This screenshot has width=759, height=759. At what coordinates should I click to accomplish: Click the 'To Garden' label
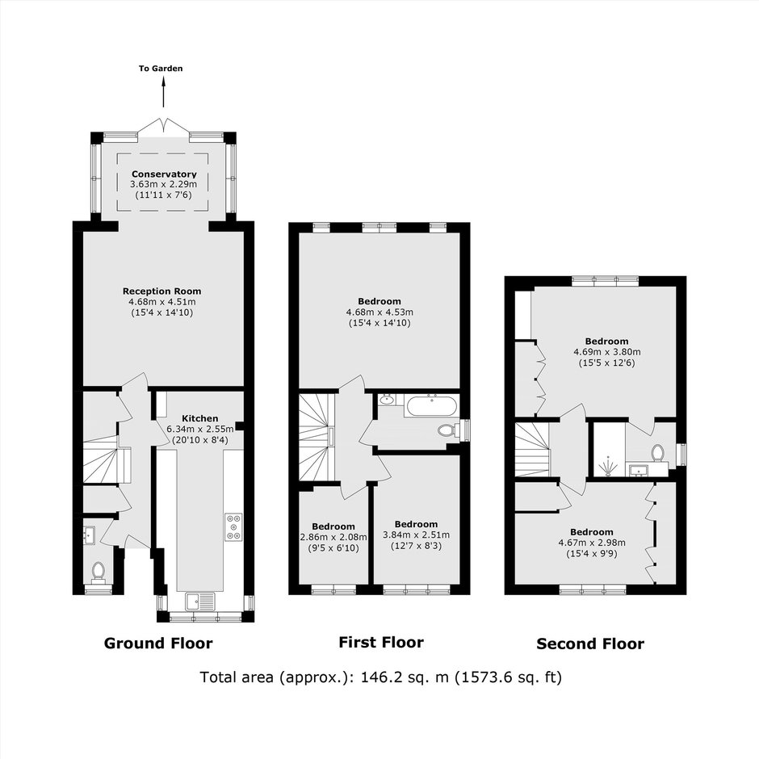click(x=161, y=69)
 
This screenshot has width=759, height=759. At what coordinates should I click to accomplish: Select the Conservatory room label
click(x=164, y=174)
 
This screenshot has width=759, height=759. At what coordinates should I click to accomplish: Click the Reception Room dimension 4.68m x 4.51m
click(x=162, y=302)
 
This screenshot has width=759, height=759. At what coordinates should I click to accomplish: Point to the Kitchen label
click(x=200, y=418)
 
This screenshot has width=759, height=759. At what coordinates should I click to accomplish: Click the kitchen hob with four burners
click(x=234, y=526)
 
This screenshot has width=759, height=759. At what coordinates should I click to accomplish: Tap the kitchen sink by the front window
click(x=200, y=602)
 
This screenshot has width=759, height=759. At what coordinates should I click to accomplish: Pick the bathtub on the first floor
click(x=430, y=406)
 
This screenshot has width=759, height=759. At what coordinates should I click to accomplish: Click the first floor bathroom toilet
click(x=449, y=430)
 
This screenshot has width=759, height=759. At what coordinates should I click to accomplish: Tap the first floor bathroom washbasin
click(x=387, y=400)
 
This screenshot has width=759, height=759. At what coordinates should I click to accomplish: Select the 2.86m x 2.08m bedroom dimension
click(x=333, y=537)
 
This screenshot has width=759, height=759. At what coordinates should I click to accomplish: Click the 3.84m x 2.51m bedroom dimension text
click(x=417, y=535)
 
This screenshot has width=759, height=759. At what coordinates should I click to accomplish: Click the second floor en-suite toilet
click(x=657, y=454)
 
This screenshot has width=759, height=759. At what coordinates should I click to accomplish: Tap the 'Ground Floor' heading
click(x=158, y=644)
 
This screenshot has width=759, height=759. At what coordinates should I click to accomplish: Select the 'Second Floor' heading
click(x=590, y=644)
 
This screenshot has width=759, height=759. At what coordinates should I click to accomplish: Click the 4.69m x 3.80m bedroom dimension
click(x=607, y=352)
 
